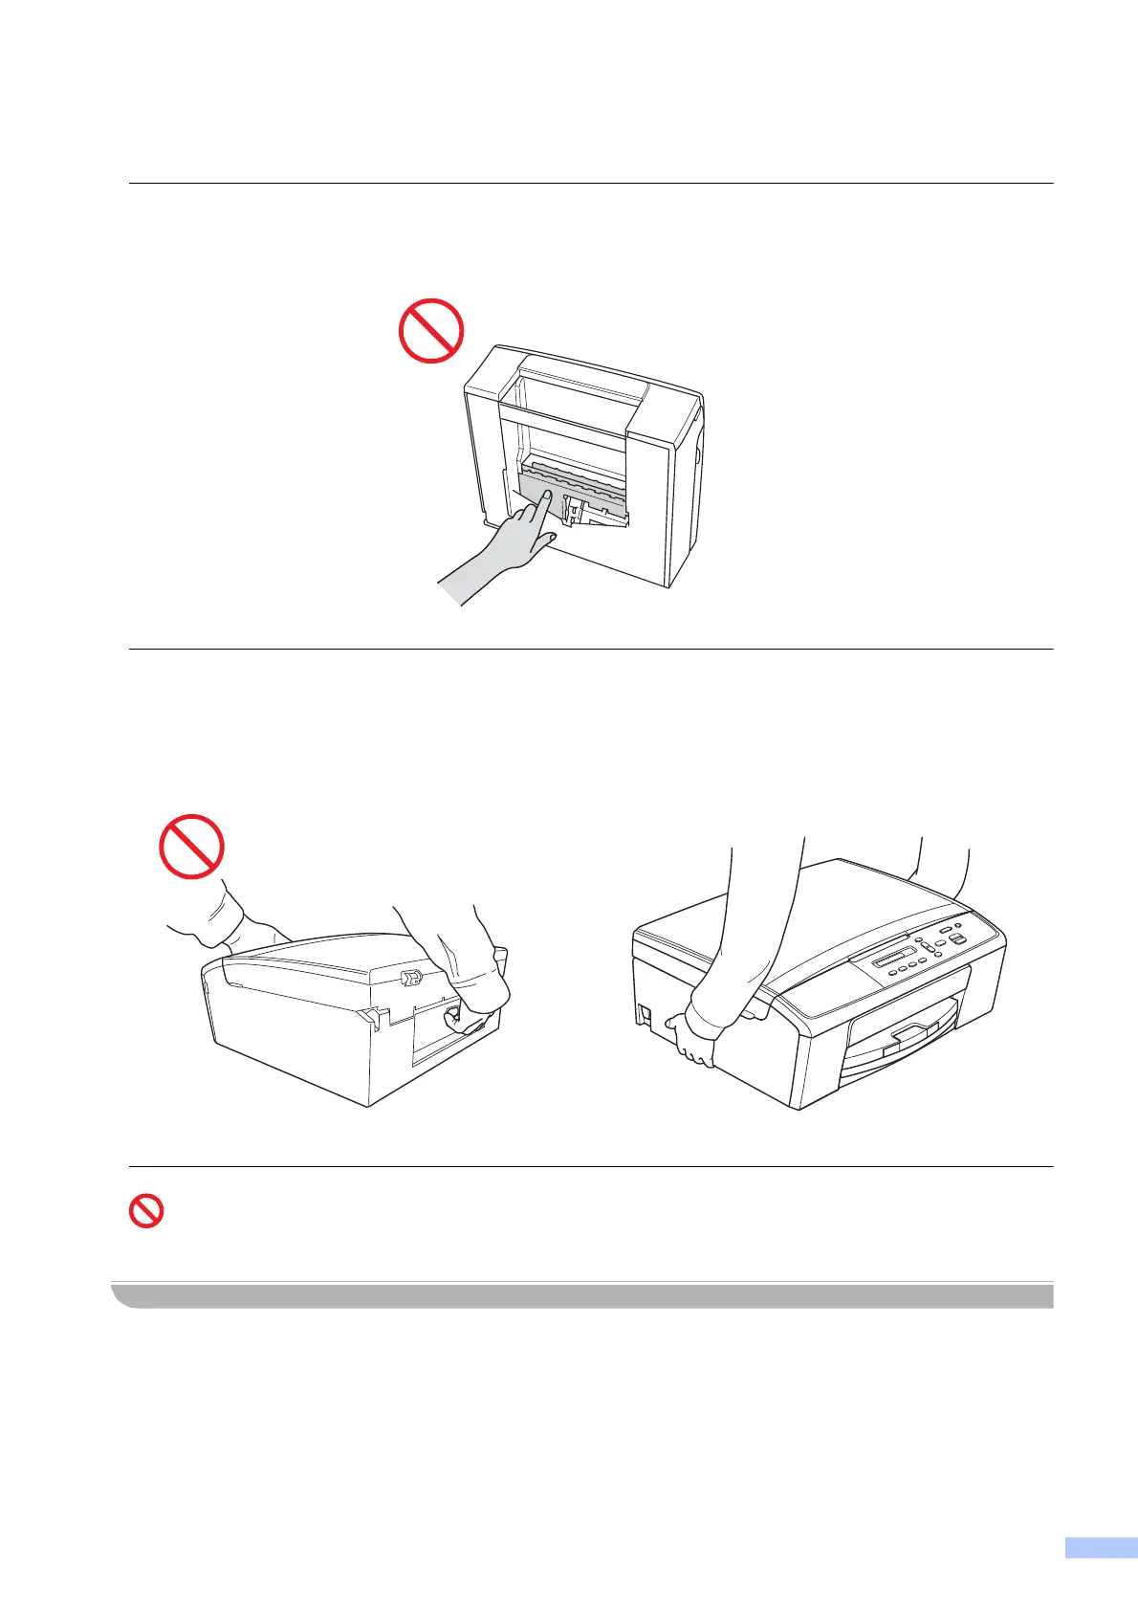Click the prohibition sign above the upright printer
tap(430, 331)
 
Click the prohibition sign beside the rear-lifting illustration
tap(191, 847)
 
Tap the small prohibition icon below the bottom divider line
tap(145, 1213)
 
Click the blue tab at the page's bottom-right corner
tap(1101, 1575)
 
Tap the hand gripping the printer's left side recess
tap(693, 1041)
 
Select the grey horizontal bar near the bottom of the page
tap(583, 1296)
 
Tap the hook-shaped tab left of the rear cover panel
tap(374, 1018)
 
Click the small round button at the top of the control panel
tap(945, 928)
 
